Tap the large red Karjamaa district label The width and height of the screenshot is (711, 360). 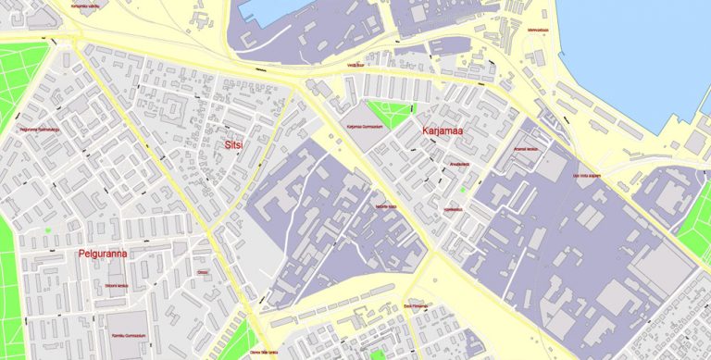pyautogui.click(x=442, y=132)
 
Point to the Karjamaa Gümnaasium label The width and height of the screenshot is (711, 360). pyautogui.click(x=364, y=128)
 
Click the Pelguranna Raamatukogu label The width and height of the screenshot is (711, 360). pyautogui.click(x=39, y=130)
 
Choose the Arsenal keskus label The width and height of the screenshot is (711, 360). pyautogui.click(x=525, y=149)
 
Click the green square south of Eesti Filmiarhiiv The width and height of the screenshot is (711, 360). pyautogui.click(x=377, y=354)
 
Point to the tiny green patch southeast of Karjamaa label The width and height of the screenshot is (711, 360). pyautogui.click(x=461, y=190)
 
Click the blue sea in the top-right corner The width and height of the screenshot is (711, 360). pyautogui.click(x=639, y=46)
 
